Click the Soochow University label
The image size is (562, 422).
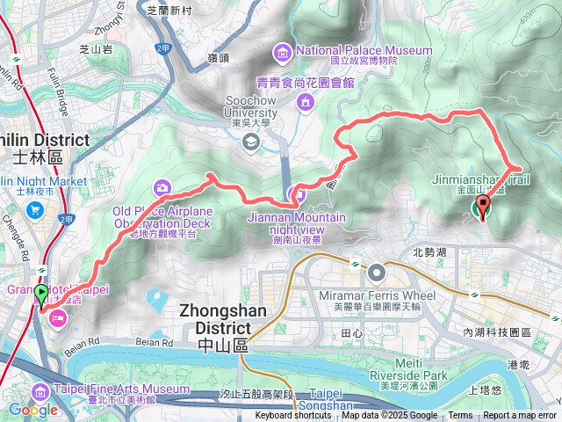point(250,113)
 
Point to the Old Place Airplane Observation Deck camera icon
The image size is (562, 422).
point(162,186)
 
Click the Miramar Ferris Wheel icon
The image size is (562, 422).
point(377,272)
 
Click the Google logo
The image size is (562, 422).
point(32,410)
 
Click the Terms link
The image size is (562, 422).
point(460,416)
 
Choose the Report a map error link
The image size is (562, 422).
point(520,416)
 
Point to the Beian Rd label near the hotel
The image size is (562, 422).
point(83,339)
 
